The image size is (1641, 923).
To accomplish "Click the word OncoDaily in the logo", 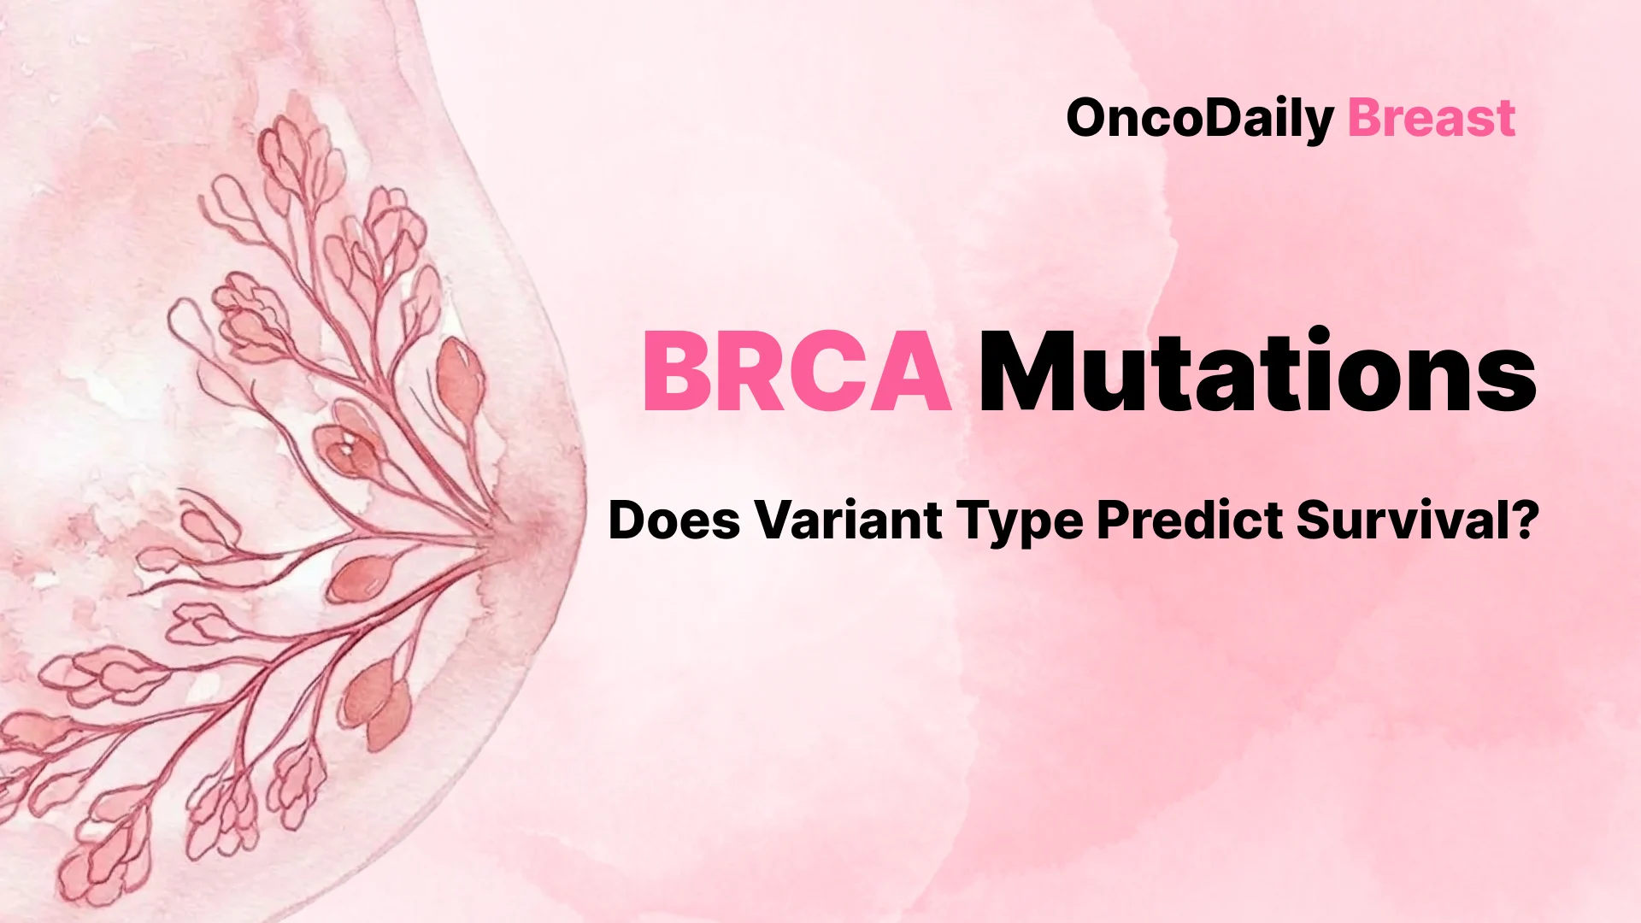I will click(x=1200, y=119).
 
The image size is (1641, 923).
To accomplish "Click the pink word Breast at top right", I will click(x=1432, y=119).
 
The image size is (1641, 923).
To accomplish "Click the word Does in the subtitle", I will click(x=673, y=520).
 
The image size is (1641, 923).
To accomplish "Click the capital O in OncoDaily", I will click(x=1089, y=119).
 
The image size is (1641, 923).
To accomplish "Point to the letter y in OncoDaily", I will click(x=1321, y=125).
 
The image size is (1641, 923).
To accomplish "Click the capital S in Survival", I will click(x=1316, y=520).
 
